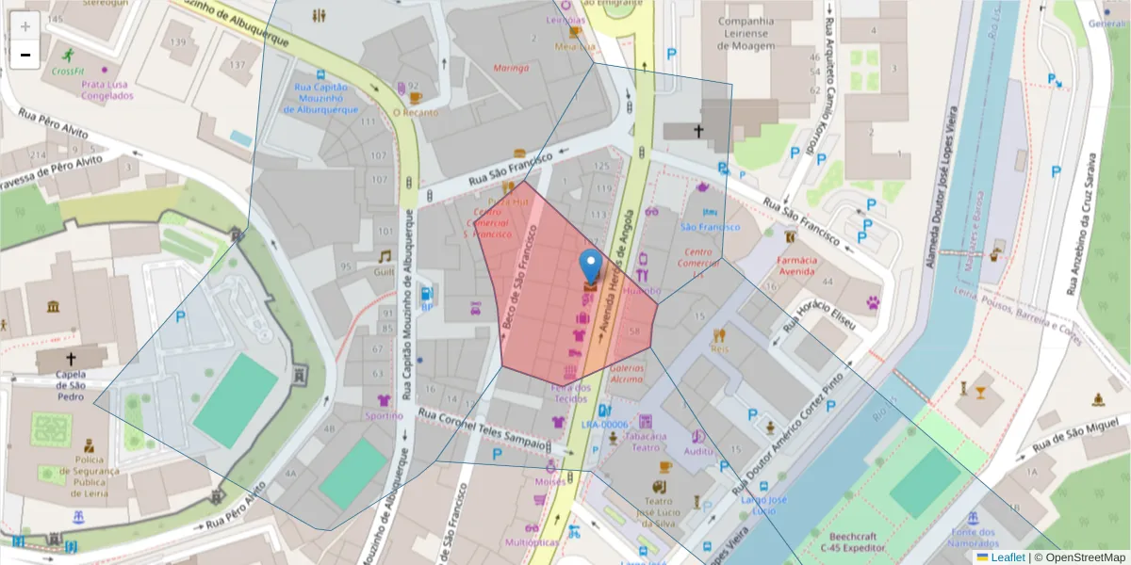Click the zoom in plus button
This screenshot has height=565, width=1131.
point(25,25)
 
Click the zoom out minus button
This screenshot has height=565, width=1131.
point(25,55)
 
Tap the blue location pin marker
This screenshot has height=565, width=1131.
point(591,266)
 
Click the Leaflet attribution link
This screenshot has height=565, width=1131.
point(1008,557)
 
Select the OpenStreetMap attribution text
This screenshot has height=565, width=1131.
point(1079,557)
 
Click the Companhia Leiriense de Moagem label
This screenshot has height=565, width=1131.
point(746,33)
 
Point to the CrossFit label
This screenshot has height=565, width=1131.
point(68,71)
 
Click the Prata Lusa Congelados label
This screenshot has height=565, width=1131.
point(105,89)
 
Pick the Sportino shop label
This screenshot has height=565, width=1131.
point(384,415)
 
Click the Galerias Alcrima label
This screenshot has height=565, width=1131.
point(627,373)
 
